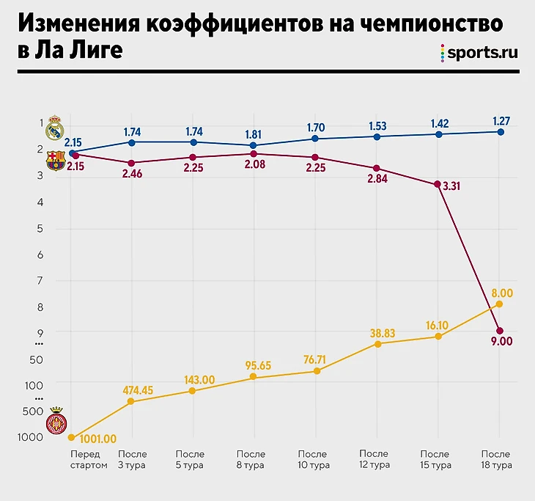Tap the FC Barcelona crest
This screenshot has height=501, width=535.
coord(56,161)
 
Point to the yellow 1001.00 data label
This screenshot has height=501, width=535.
coord(97,439)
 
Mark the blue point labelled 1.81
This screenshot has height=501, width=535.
coord(254,145)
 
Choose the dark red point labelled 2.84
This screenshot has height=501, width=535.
coord(377,169)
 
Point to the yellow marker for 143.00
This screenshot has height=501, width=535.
coord(192,391)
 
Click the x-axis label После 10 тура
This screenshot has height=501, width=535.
coord(314,460)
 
